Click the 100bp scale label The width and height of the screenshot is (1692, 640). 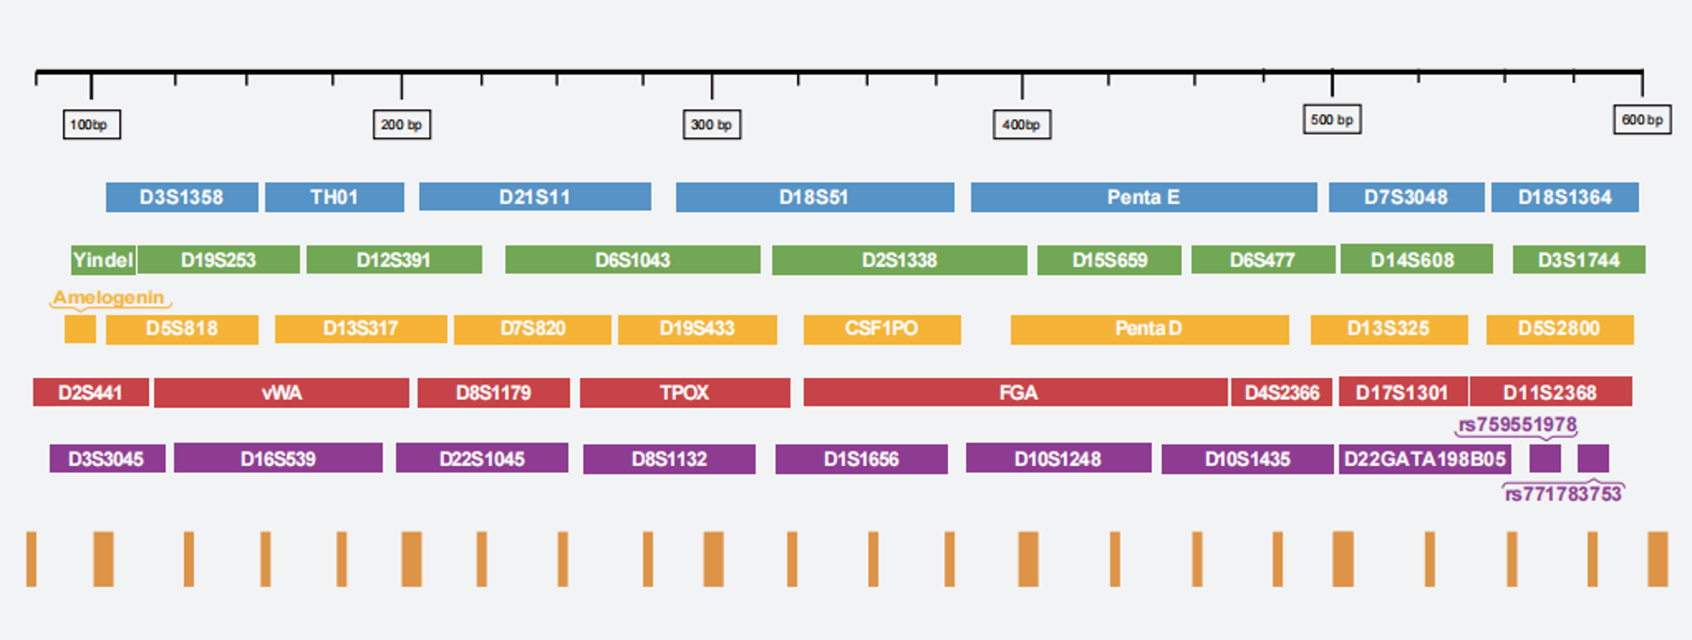click(91, 125)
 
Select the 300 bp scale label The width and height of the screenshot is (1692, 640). click(712, 125)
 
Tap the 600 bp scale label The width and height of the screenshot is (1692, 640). click(1642, 119)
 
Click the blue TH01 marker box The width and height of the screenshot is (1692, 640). click(334, 197)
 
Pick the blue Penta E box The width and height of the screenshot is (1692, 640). click(1143, 197)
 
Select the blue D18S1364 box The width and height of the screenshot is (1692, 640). click(1565, 197)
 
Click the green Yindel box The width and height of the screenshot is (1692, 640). click(104, 260)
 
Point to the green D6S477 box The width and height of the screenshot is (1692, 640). click(1263, 260)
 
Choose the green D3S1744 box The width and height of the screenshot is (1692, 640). click(1578, 260)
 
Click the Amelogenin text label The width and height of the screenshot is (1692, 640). click(109, 297)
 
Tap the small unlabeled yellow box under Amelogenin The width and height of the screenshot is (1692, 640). click(80, 328)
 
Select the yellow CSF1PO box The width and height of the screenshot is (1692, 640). click(881, 329)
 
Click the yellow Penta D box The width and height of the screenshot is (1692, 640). click(1150, 329)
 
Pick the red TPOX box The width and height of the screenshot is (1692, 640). click(684, 393)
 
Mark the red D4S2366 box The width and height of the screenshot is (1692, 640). click(1281, 393)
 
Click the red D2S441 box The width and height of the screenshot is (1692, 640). click(90, 393)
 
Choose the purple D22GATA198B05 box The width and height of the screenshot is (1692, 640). click(1425, 459)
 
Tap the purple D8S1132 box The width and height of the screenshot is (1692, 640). click(669, 459)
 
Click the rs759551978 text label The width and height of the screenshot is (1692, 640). click(1518, 425)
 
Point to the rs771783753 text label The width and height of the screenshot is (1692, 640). click(1563, 494)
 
